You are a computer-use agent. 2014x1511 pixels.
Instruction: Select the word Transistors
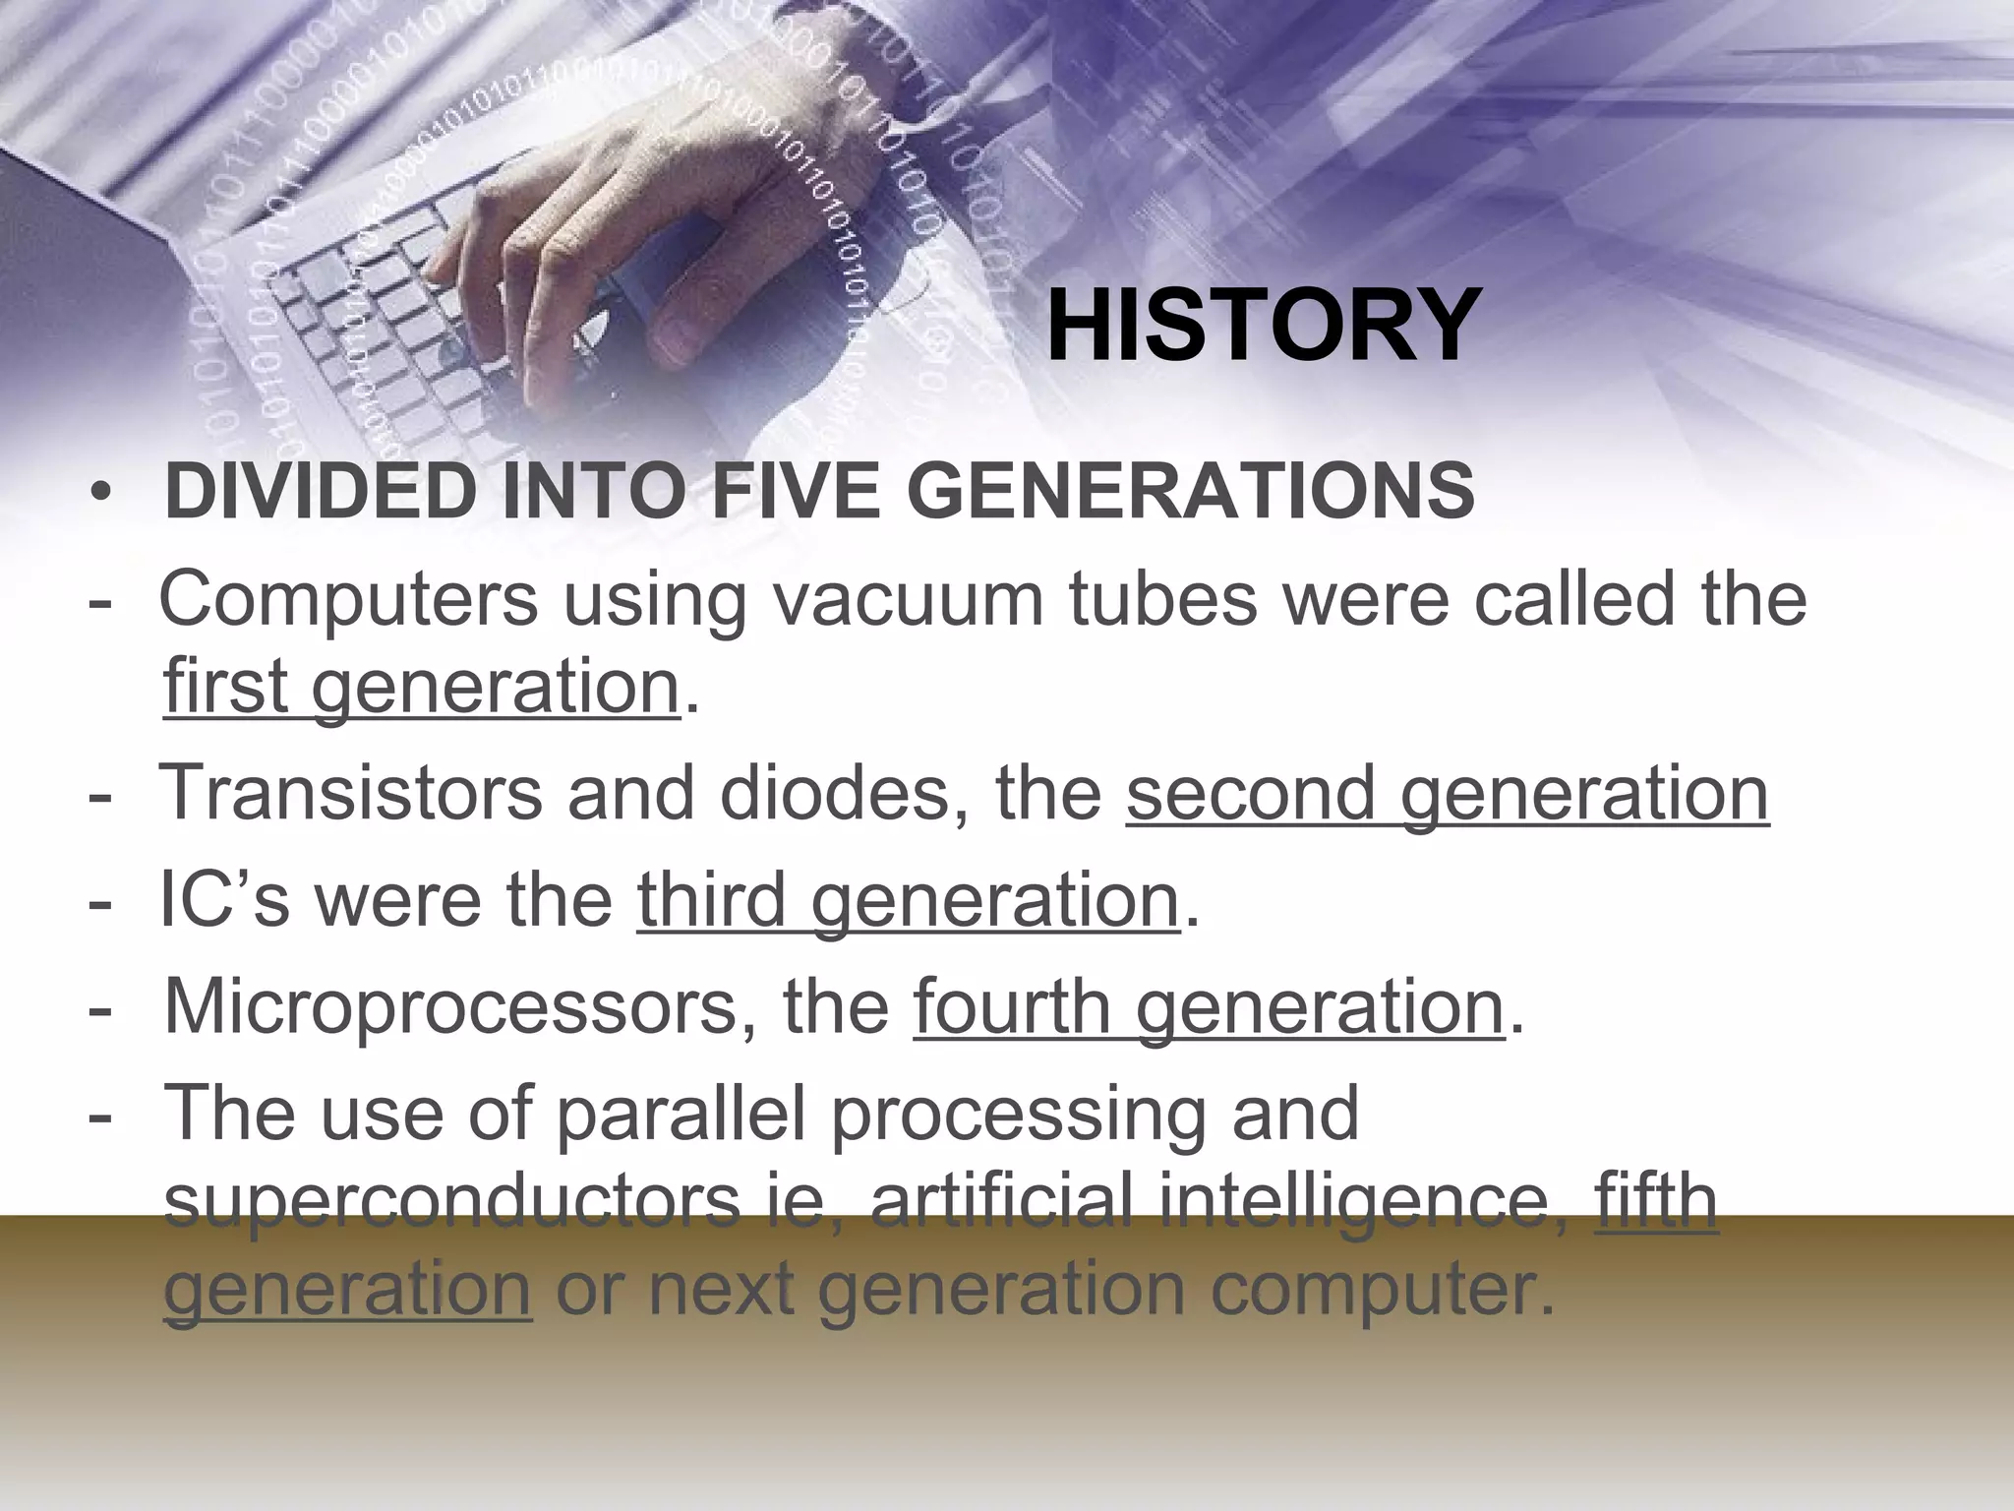pyautogui.click(x=349, y=793)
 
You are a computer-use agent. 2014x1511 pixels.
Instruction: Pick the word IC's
pyautogui.click(x=224, y=900)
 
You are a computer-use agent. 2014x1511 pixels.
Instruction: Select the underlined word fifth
pyautogui.click(x=1656, y=1203)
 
